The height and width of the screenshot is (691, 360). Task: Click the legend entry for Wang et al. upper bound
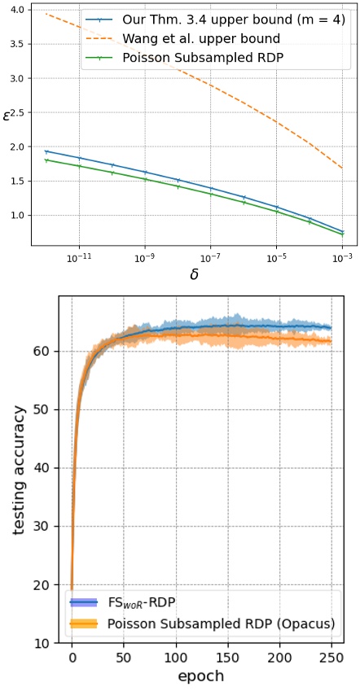tap(183, 39)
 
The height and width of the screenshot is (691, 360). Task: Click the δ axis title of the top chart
tap(194, 274)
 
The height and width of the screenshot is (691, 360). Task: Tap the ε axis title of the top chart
tap(6, 118)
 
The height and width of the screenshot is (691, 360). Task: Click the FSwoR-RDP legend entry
tap(122, 601)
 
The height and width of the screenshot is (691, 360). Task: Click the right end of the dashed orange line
tap(342, 168)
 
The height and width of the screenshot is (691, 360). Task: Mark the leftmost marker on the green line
tap(46, 160)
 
